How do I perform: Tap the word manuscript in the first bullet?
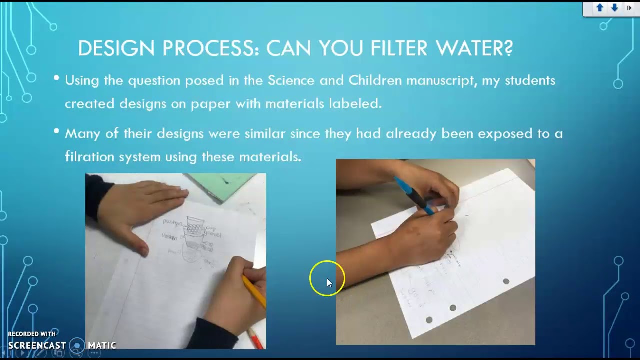pyautogui.click(x=440, y=81)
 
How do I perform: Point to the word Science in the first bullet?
pyautogui.click(x=291, y=81)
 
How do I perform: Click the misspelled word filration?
pyautogui.click(x=90, y=157)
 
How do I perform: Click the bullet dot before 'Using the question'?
pyautogui.click(x=56, y=78)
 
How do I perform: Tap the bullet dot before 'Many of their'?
pyautogui.click(x=56, y=131)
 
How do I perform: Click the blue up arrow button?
pyautogui.click(x=600, y=8)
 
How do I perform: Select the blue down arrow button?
pyautogui.click(x=614, y=8)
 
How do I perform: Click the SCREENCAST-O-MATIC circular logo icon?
pyautogui.click(x=77, y=345)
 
